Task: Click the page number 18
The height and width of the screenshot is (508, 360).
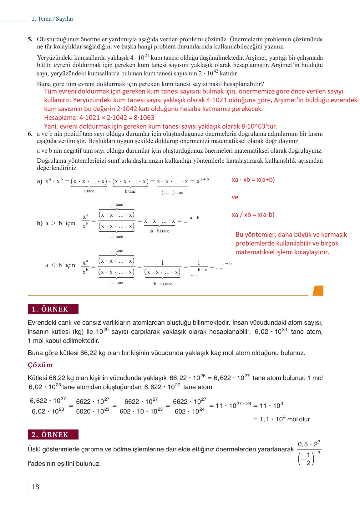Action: [x=35, y=487]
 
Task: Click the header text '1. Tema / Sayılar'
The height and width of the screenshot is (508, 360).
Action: [x=52, y=19]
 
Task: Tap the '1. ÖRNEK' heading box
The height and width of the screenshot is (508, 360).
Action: [x=53, y=309]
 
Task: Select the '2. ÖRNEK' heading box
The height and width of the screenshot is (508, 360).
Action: [x=53, y=434]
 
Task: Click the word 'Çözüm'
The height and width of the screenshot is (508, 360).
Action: [x=40, y=365]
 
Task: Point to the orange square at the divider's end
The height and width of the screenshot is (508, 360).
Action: [x=318, y=291]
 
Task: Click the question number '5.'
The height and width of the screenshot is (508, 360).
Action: [x=30, y=39]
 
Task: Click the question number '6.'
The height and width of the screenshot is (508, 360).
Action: [x=30, y=134]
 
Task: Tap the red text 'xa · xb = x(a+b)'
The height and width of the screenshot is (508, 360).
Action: [x=253, y=180]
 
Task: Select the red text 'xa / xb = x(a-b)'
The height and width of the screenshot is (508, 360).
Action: [x=253, y=215]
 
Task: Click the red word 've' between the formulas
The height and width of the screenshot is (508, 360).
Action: [x=235, y=197]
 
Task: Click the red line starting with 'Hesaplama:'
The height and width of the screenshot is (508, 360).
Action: [x=99, y=118]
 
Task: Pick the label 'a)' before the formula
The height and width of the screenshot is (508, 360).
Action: [x=39, y=181]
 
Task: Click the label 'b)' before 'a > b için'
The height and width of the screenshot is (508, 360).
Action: [x=39, y=223]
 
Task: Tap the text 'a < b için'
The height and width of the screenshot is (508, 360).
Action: [x=60, y=265]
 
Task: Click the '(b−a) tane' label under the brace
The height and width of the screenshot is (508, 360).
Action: [x=162, y=284]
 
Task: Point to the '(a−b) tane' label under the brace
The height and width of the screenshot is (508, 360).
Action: [x=159, y=231]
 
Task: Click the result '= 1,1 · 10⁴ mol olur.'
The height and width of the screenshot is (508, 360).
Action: [x=282, y=419]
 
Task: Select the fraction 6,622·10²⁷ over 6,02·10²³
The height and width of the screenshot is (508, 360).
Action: [x=48, y=406]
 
